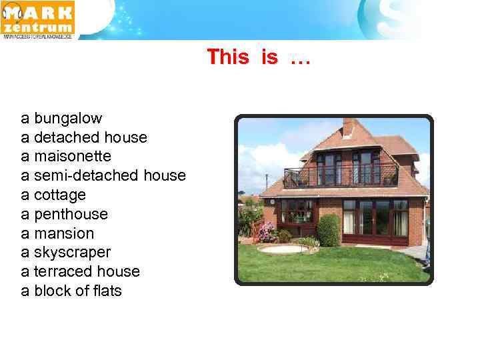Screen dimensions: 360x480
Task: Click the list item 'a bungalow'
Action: [x=61, y=119]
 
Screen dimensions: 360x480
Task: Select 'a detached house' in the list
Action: [x=84, y=137]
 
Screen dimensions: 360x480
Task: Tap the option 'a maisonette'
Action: [x=66, y=157]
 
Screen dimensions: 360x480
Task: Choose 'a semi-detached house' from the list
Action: [x=103, y=176]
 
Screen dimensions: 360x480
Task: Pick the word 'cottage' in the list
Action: [x=60, y=195]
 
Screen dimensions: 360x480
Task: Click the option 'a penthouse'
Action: [x=64, y=214]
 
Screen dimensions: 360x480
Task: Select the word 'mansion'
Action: [x=64, y=233]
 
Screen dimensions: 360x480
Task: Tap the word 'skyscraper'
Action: [x=72, y=253]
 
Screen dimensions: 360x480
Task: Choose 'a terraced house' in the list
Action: [x=80, y=272]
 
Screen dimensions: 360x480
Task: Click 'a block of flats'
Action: [x=71, y=291]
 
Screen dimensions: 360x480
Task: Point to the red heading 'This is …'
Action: [x=259, y=57]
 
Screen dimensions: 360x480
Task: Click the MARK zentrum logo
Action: [x=38, y=19]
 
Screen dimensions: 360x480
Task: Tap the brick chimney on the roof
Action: [x=348, y=127]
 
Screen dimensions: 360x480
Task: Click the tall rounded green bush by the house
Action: [x=328, y=230]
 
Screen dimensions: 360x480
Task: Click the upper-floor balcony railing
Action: [x=340, y=177]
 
